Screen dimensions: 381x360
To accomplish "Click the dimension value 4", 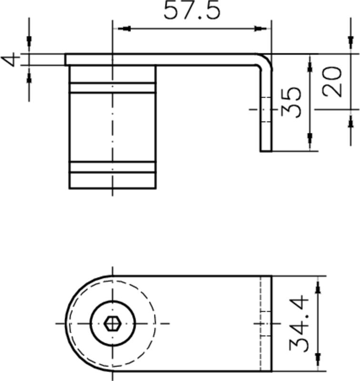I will pyautogui.click(x=11, y=60).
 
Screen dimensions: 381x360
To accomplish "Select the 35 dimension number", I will pyautogui.click(x=291, y=102).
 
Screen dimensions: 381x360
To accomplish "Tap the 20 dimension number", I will pyautogui.click(x=332, y=82).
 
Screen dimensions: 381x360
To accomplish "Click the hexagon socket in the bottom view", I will pyautogui.click(x=112, y=323).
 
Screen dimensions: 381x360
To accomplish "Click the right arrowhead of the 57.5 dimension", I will pyautogui.click(x=260, y=29).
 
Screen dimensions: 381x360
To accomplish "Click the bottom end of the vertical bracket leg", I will pyautogui.click(x=266, y=150).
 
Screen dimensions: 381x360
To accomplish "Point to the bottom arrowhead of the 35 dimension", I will pyautogui.click(x=310, y=139).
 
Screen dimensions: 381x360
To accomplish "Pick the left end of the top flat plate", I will pyautogui.click(x=66, y=59).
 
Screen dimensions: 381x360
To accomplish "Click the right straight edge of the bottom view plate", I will pyautogui.click(x=271, y=323).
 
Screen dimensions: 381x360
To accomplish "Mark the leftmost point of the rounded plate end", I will pyautogui.click(x=65, y=323).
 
